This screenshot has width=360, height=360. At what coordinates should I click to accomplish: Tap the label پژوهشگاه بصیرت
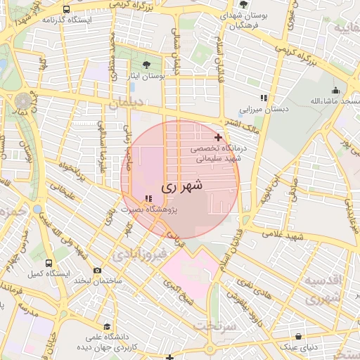pyautogui.click(x=148, y=210)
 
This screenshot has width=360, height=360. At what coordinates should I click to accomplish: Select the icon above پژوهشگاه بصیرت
pyautogui.click(x=148, y=198)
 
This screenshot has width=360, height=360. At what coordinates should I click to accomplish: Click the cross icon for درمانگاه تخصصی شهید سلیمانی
pyautogui.click(x=218, y=137)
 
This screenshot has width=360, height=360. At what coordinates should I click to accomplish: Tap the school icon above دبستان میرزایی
pyautogui.click(x=264, y=98)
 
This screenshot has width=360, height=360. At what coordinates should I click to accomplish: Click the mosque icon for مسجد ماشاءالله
pyautogui.click(x=336, y=90)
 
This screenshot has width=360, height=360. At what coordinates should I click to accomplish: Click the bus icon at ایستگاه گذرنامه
pyautogui.click(x=66, y=10)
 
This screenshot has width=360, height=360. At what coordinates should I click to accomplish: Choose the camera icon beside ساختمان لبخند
pyautogui.click(x=97, y=270)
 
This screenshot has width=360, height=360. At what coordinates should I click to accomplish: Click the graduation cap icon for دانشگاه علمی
pyautogui.click(x=106, y=327)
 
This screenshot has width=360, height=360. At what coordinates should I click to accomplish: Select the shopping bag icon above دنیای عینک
pyautogui.click(x=299, y=336)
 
